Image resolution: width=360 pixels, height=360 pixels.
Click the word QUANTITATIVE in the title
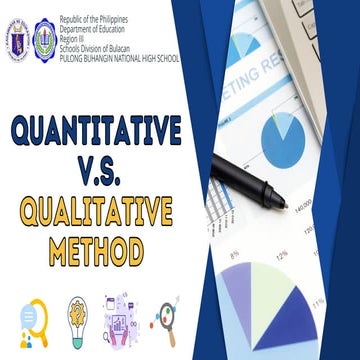tap(96, 130)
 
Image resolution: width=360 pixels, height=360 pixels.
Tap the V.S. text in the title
tap(97, 171)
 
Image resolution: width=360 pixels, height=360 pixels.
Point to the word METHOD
tap(97, 250)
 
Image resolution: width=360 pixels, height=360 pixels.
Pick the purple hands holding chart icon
tap(120, 317)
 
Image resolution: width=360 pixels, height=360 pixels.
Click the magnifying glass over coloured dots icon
tap(165, 318)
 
